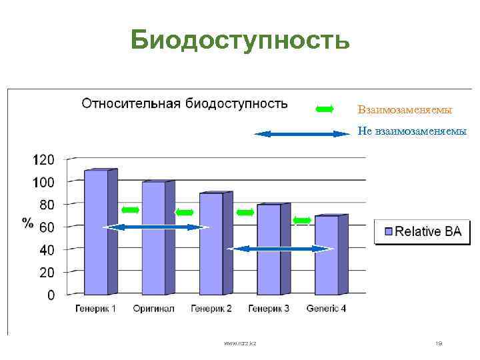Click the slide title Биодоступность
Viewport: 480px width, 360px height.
coord(239,39)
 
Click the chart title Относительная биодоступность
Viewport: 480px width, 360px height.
coord(185,103)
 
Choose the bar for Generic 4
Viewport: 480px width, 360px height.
coord(326,255)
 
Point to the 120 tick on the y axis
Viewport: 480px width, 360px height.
coord(44,160)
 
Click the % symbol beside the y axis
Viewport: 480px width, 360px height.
coord(28,223)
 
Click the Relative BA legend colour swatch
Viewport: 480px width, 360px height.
coord(388,232)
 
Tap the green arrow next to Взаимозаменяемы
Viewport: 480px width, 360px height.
coord(325,109)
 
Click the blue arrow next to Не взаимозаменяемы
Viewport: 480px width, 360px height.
coord(303,134)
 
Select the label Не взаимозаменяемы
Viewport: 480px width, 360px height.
coord(411,131)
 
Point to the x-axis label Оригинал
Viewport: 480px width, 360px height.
coord(153,309)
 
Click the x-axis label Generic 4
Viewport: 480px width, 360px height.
coord(326,309)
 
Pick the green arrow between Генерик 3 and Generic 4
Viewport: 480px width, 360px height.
coord(303,220)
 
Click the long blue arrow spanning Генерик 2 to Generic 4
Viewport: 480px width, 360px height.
coord(279,249)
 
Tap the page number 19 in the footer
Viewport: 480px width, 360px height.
coord(438,343)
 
